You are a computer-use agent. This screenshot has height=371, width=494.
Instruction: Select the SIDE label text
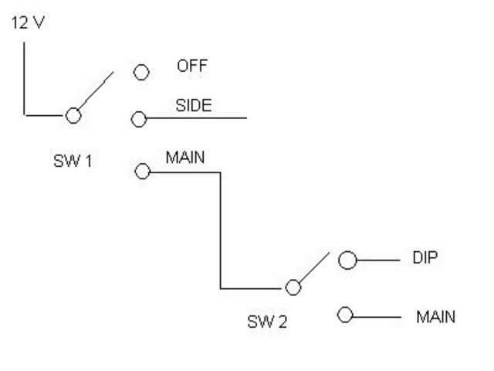tap(193, 106)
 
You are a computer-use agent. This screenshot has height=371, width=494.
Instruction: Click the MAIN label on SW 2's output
tap(436, 317)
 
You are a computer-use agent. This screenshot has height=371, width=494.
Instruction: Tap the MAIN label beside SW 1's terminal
tap(185, 158)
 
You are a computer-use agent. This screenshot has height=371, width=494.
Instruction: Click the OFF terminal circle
tap(141, 73)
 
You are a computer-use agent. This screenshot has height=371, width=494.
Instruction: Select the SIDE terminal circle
tap(139, 119)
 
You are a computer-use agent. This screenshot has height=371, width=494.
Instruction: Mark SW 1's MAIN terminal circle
tap(142, 172)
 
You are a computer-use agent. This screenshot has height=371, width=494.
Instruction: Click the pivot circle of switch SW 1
tap(73, 115)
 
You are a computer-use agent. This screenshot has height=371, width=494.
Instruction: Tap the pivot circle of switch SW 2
tap(293, 288)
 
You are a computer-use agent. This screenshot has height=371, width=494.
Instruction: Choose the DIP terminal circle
tap(347, 260)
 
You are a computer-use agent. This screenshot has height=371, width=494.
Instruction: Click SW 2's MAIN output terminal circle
tap(345, 315)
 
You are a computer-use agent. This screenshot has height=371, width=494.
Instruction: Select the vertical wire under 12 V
tap(25, 77)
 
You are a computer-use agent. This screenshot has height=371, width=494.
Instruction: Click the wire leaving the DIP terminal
tap(378, 260)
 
